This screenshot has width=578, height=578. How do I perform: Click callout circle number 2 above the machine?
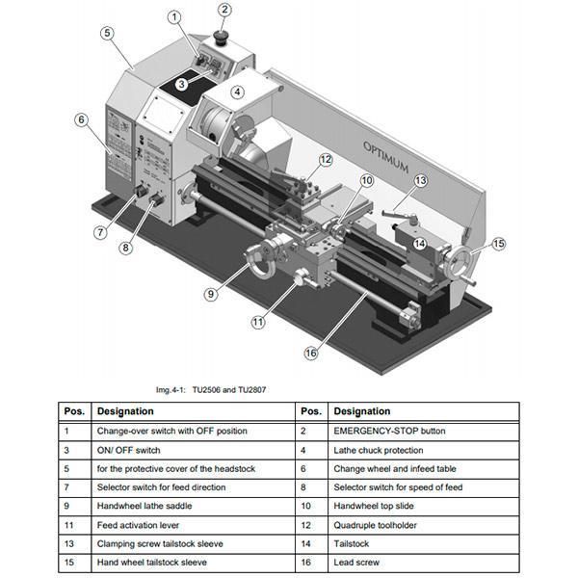[224, 11]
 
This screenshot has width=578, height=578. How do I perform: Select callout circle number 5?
[108, 32]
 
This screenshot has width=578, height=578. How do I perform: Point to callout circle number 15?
[498, 245]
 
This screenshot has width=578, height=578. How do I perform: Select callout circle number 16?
[310, 353]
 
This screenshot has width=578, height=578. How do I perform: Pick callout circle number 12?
[326, 160]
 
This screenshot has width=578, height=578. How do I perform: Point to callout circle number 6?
[82, 120]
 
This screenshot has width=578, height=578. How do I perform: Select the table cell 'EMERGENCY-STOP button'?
[388, 431]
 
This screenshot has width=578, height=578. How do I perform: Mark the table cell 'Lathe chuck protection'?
[381, 450]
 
